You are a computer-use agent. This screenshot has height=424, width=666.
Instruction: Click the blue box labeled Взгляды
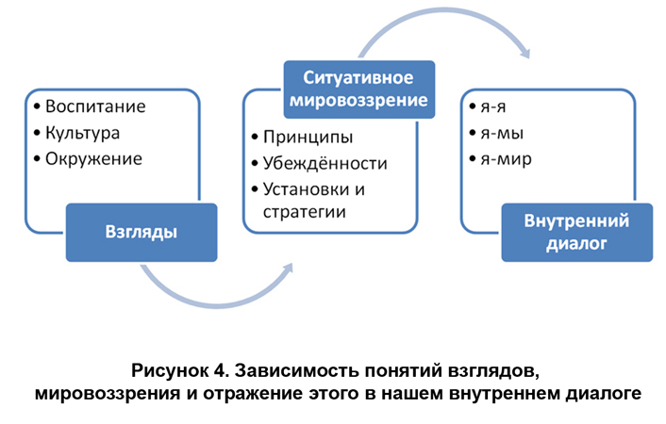[142, 232]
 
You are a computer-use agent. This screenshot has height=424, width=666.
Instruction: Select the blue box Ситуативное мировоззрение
[360, 89]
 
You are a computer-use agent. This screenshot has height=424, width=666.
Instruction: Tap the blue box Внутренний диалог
[576, 232]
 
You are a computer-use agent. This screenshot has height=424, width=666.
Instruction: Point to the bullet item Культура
[89, 132]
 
